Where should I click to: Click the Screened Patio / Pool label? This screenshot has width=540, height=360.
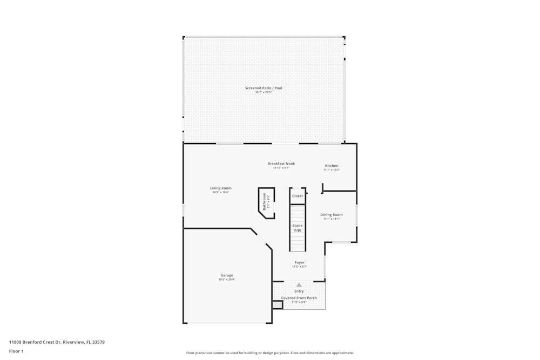[264, 88]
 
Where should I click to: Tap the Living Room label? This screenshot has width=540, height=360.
[221, 188]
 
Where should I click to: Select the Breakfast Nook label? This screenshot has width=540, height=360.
[281, 164]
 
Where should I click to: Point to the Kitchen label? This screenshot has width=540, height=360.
[332, 166]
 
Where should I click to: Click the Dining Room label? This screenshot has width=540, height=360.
[332, 215]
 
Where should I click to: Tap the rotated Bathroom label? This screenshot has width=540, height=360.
[265, 201]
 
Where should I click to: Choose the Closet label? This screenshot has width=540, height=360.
[298, 196]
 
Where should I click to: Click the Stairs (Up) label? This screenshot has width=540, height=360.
[298, 228]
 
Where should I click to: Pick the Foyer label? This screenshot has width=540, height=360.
[299, 263]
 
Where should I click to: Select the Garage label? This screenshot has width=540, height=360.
[227, 275]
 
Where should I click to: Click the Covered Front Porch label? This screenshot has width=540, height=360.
[299, 298]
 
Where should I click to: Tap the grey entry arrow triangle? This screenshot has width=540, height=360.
[299, 285]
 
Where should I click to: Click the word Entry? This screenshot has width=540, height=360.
[299, 291]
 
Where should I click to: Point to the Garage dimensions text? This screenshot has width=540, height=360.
[227, 280]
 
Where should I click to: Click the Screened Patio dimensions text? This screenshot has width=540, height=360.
[264, 92]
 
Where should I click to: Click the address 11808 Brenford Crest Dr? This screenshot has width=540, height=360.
[57, 342]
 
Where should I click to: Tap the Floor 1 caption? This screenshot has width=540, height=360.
[16, 351]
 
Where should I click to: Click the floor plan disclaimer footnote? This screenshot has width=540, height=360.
[270, 353]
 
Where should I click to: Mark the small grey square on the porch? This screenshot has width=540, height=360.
[277, 305]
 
